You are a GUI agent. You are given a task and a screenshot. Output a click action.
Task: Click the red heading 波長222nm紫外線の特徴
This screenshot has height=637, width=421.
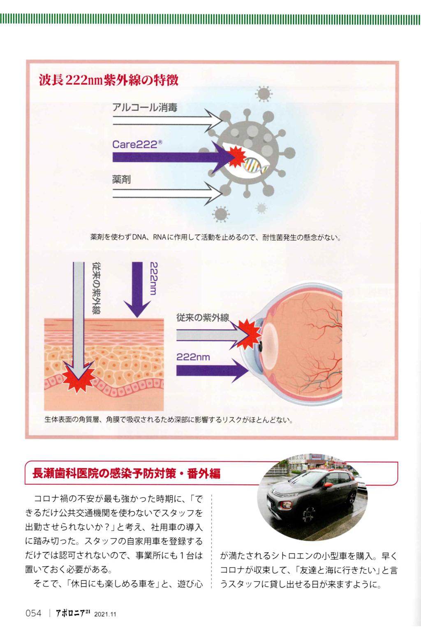tap(109, 80)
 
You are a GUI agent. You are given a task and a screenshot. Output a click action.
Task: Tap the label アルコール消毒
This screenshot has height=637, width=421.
tap(145, 107)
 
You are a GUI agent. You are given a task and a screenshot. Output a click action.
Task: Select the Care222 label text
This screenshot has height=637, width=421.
tap(137, 144)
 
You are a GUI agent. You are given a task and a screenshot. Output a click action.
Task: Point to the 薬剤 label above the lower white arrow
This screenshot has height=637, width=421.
tap(121, 179)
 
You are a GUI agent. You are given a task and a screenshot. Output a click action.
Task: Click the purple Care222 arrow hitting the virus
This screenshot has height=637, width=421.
tap(173, 157)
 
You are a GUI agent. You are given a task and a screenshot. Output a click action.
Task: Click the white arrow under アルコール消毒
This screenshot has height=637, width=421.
tap(167, 120)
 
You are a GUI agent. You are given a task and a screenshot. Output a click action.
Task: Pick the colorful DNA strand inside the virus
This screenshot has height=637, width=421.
tap(254, 165)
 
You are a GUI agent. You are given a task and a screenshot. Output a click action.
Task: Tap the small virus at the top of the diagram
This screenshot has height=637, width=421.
tap(264, 94)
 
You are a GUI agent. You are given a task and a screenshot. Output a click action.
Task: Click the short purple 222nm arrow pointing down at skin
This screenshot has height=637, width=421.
tap(137, 289)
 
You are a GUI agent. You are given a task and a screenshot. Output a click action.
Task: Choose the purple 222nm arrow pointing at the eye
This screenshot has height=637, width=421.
tap(212, 370)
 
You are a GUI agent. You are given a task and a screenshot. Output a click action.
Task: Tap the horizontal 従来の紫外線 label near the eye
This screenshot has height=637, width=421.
tap(203, 318)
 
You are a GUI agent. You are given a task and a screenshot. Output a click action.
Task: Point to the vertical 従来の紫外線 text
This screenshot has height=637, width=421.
tap(97, 288)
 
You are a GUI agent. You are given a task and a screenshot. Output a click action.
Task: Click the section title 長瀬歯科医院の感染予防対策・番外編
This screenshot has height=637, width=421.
tap(126, 474)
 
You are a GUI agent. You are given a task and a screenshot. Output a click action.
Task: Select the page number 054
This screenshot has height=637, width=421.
tap(33, 613)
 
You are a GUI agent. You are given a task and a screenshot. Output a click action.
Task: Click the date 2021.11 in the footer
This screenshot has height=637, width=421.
tap(105, 614)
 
